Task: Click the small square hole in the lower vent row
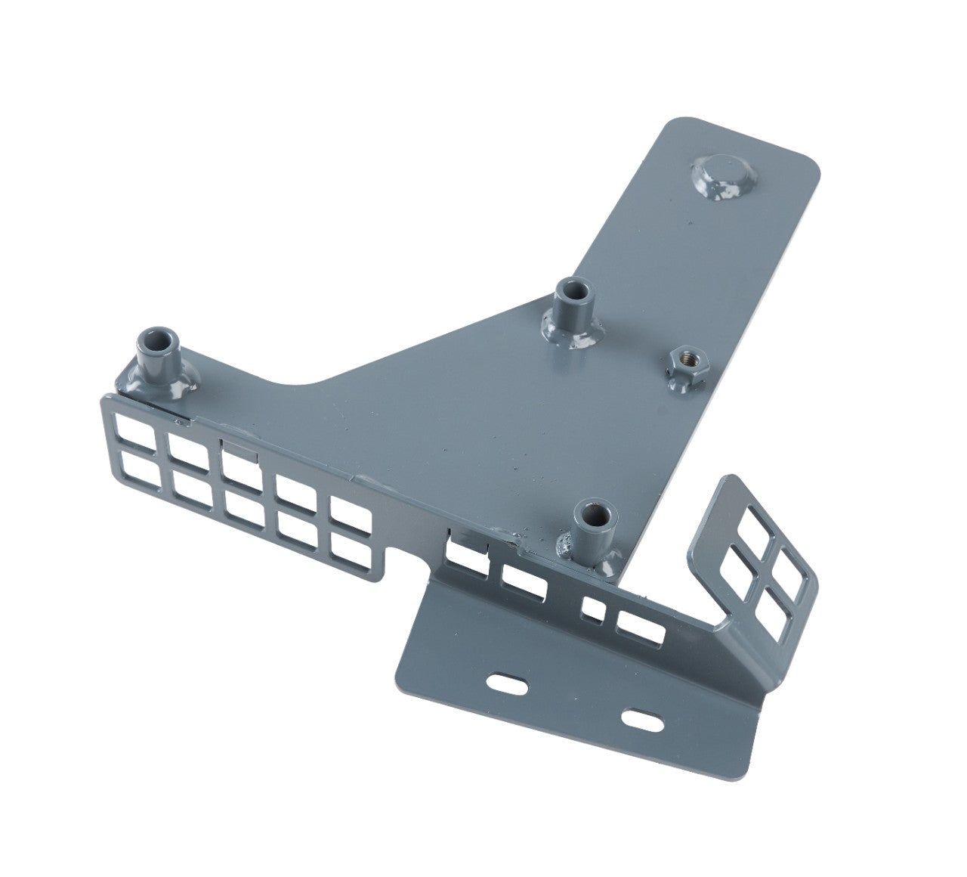point(594,609)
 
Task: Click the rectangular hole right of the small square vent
point(641,625)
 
